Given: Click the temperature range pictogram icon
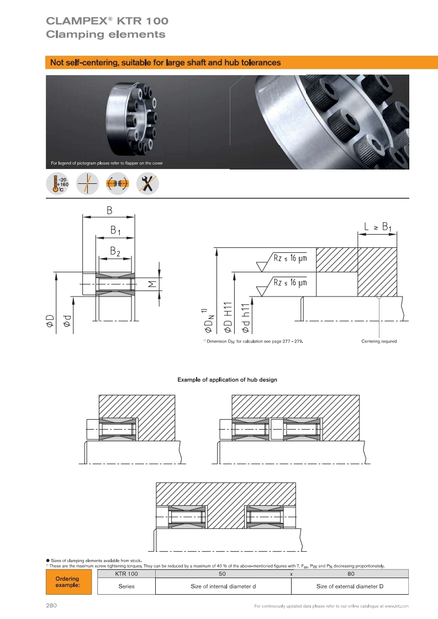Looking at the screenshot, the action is [x=57, y=183].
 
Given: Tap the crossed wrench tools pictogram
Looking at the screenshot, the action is [x=147, y=183].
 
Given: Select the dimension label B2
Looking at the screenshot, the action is [x=115, y=251].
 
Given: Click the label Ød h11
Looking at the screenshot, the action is [x=245, y=318].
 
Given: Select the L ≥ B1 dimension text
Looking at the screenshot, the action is [x=378, y=227].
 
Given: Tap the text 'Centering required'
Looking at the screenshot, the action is [x=379, y=341].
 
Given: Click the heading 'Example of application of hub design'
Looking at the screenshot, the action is [x=227, y=380].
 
